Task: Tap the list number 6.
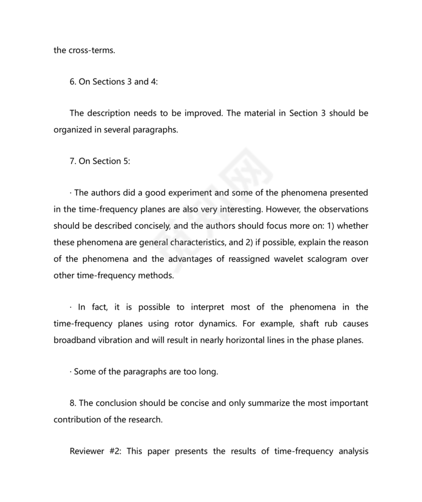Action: click(x=72, y=81)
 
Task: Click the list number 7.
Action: click(x=72, y=161)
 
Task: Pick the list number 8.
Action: click(x=72, y=403)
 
